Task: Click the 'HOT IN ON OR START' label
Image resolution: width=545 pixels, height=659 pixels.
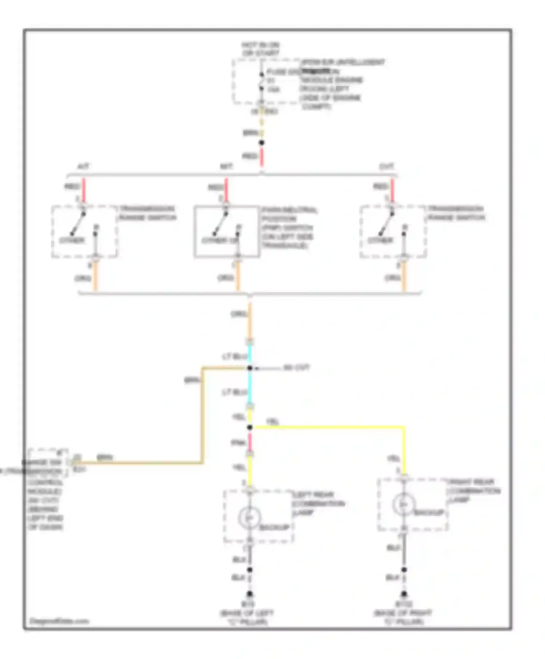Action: (x=261, y=49)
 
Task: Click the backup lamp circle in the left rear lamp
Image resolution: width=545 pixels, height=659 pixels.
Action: (x=249, y=517)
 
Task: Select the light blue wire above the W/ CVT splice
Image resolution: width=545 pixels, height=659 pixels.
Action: (x=250, y=355)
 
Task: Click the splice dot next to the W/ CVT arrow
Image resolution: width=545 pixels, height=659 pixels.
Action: (x=250, y=368)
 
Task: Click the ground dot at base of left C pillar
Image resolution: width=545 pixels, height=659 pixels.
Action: (x=250, y=594)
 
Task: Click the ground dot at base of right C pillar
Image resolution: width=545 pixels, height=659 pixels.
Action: (x=404, y=594)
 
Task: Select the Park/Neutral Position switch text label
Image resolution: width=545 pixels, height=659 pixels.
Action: (x=289, y=228)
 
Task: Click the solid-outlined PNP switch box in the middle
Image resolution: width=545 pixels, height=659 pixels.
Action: (x=227, y=231)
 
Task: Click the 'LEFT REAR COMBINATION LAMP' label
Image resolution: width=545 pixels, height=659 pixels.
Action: (x=318, y=504)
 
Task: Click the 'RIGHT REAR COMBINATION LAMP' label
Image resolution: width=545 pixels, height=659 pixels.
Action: (x=474, y=491)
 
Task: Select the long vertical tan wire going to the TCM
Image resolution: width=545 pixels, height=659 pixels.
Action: (x=202, y=418)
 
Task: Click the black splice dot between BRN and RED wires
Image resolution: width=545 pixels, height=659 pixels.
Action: (x=261, y=143)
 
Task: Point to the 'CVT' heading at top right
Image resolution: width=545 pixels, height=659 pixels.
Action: (x=386, y=167)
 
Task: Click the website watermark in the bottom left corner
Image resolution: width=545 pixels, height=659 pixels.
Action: (x=59, y=621)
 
